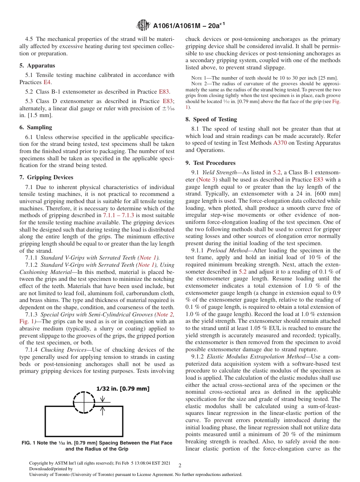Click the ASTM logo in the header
click(x=143, y=25)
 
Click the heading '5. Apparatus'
click(x=37, y=66)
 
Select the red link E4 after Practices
click(x=47, y=82)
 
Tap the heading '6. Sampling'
click(x=36, y=127)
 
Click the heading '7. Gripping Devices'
click(x=46, y=177)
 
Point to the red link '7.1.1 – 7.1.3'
click(x=118, y=215)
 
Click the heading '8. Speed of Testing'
click(x=211, y=119)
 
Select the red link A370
click(x=280, y=143)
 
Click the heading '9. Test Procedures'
click(x=210, y=163)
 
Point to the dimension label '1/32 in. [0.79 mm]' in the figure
click(x=123, y=389)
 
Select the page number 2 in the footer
click(x=180, y=466)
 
